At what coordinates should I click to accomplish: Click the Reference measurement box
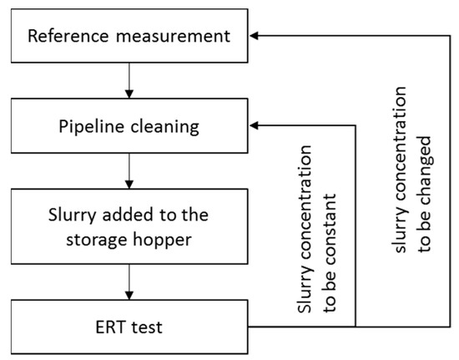point(127,37)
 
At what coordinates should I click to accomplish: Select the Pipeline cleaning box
point(127,126)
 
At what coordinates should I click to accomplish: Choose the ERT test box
point(127,324)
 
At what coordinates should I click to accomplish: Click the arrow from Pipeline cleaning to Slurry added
point(127,170)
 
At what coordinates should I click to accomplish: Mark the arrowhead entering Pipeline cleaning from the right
point(257,126)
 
